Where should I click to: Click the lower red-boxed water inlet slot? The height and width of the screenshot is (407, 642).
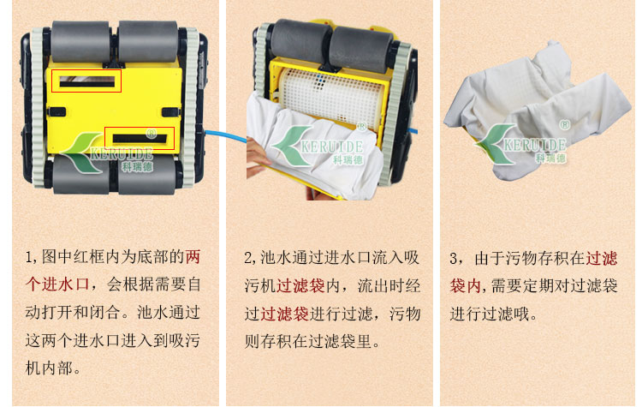coord(140,139)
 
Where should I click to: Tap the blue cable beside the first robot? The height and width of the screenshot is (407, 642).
coord(225,136)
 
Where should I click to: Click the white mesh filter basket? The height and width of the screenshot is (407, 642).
coord(331,97)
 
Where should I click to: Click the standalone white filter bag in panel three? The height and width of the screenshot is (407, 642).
coord(538,111)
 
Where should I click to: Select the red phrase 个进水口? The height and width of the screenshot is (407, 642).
coord(57,284)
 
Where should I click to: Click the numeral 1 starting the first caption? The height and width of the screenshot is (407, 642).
coord(28,257)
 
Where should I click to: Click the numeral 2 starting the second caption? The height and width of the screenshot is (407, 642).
coord(247,258)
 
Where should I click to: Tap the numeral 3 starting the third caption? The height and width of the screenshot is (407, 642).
coord(453,259)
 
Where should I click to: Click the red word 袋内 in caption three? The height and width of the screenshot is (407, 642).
coord(466,285)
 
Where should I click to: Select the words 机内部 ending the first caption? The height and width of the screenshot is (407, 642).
coord(49,368)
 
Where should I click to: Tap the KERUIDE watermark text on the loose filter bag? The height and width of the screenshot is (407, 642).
coord(535,145)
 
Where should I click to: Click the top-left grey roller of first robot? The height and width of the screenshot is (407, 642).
coord(80,41)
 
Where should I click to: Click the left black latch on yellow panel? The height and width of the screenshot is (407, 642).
coord(56,112)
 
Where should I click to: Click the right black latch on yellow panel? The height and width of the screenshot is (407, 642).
coord(171,112)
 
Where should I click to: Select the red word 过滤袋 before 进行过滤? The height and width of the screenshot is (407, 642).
coord(284,314)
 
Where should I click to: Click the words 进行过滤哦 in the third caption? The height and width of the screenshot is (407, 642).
coord(490,314)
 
